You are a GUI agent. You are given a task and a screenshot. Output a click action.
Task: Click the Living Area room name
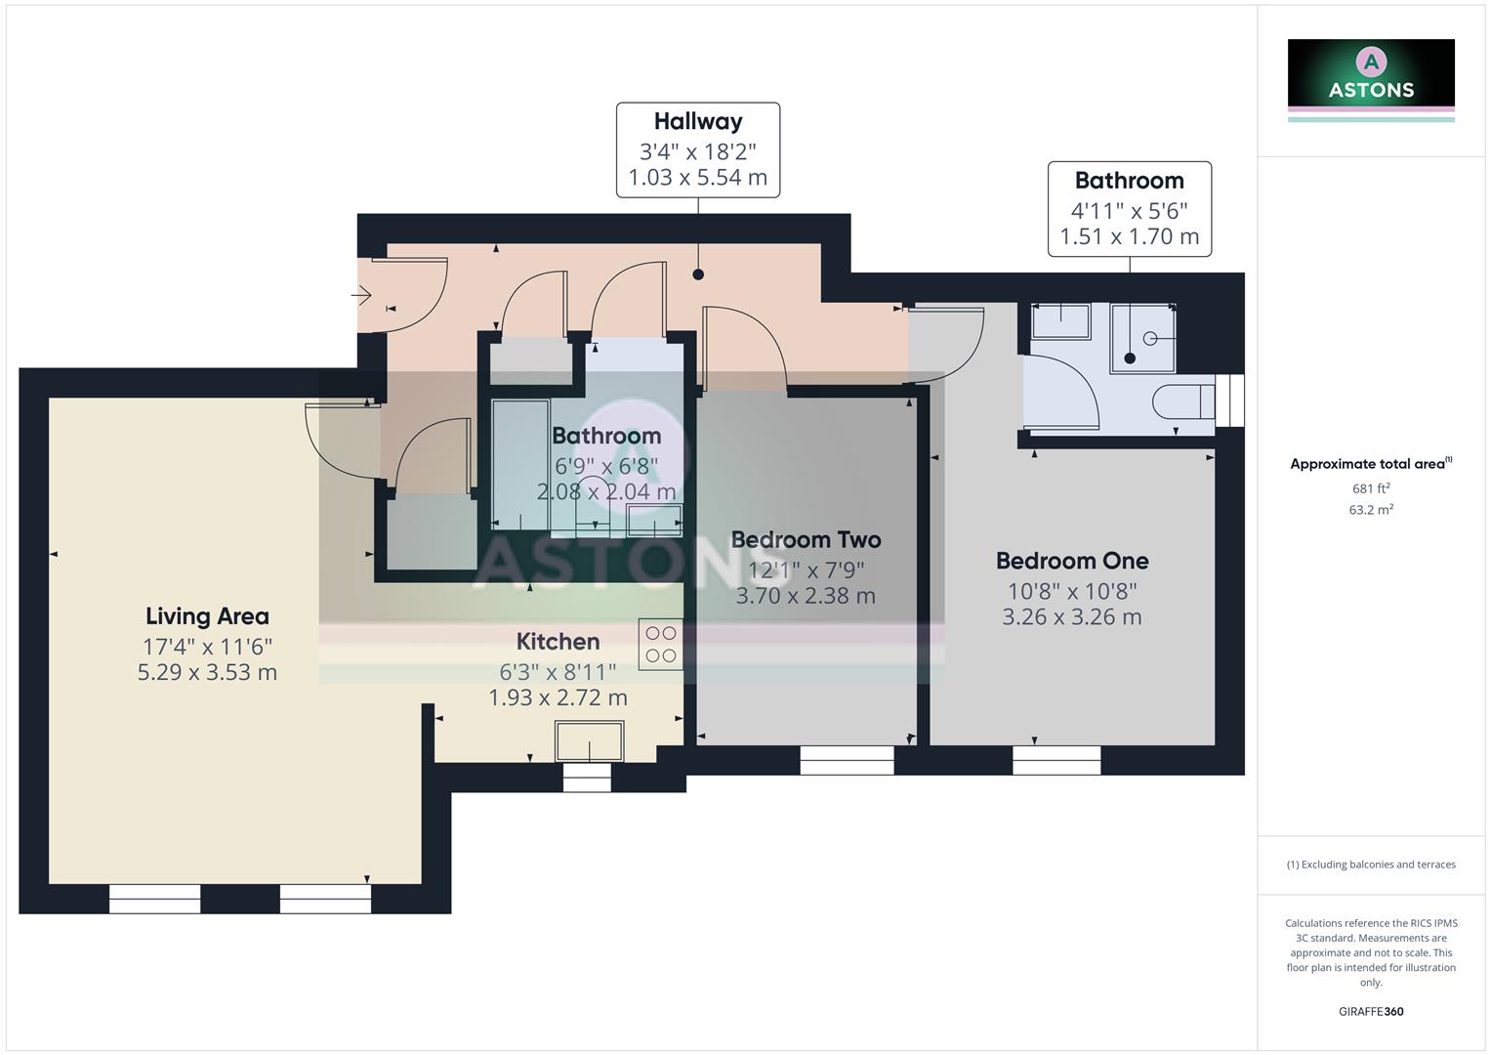tap(207, 616)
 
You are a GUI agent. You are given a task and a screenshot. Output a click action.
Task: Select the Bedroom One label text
tap(1071, 561)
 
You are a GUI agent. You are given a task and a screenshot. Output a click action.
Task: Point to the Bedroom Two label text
tap(806, 539)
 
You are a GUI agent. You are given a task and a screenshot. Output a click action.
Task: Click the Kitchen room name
tap(558, 642)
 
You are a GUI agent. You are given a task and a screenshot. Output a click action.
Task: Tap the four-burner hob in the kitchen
tap(661, 645)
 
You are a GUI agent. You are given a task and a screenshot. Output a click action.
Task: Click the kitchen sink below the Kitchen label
tap(589, 740)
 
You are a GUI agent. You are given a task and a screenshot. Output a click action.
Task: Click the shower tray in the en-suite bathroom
tap(1142, 338)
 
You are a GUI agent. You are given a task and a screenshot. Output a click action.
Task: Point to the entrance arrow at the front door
tap(361, 294)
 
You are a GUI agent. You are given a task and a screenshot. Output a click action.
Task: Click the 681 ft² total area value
tap(1371, 488)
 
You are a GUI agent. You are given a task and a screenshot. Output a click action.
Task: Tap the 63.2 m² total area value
tap(1371, 510)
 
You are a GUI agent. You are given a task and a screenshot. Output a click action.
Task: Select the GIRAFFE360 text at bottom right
tap(1371, 1012)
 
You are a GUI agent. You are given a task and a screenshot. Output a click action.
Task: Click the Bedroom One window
tap(1056, 760)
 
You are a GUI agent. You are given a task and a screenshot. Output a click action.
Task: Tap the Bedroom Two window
tap(847, 760)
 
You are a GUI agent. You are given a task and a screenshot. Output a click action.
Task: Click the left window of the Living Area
tap(154, 899)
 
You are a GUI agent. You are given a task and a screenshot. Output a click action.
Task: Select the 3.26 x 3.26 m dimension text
tap(1071, 617)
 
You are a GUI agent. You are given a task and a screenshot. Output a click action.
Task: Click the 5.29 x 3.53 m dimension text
tap(207, 673)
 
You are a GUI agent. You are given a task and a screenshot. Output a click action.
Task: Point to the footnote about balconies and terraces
tap(1371, 865)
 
